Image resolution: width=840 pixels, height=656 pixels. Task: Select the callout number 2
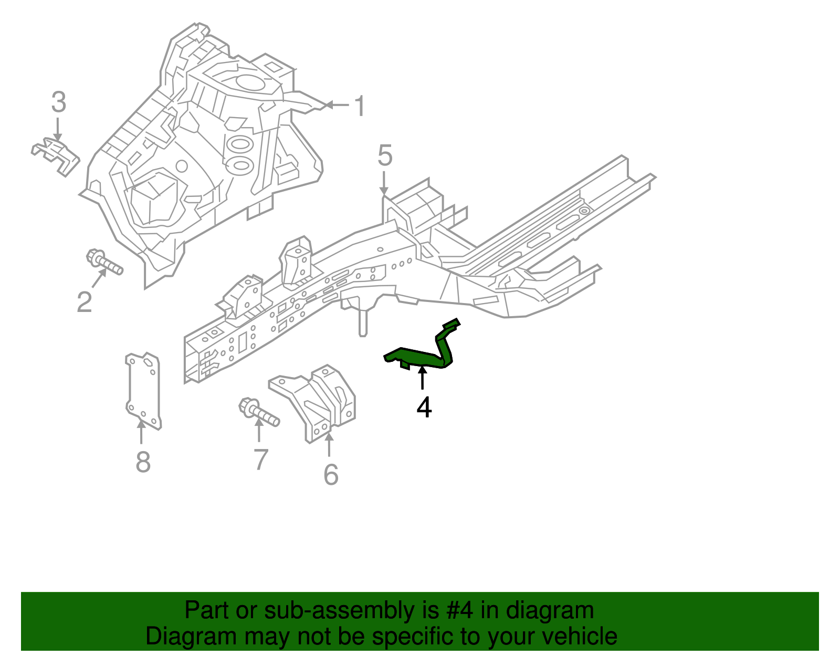click(x=85, y=303)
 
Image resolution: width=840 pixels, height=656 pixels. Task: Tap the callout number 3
click(x=59, y=102)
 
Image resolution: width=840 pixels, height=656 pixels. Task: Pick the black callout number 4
click(x=424, y=408)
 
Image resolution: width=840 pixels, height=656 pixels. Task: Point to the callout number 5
click(x=385, y=155)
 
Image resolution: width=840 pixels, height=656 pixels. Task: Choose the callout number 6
click(x=331, y=474)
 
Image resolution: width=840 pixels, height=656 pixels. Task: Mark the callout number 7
click(x=261, y=460)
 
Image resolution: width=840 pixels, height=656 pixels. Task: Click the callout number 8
click(x=143, y=462)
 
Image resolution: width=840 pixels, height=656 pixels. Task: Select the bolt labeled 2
click(x=103, y=262)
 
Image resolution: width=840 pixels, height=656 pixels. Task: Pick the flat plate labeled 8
click(x=143, y=391)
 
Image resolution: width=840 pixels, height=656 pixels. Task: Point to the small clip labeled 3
click(x=56, y=156)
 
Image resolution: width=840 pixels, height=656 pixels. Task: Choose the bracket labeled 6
click(x=312, y=403)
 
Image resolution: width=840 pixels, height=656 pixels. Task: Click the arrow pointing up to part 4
click(x=423, y=378)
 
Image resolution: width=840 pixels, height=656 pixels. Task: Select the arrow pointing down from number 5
click(x=383, y=184)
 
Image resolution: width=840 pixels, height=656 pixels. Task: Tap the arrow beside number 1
click(x=337, y=105)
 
